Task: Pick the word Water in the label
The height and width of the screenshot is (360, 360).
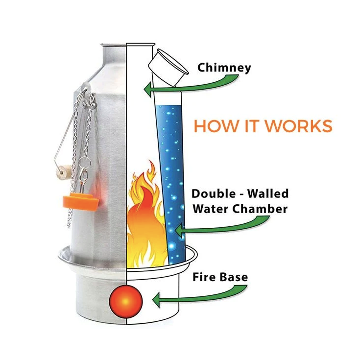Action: [209, 209]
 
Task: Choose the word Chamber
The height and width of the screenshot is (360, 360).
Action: [261, 209]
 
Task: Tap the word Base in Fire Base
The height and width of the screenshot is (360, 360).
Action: [234, 277]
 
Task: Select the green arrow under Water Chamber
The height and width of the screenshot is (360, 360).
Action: [220, 227]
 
